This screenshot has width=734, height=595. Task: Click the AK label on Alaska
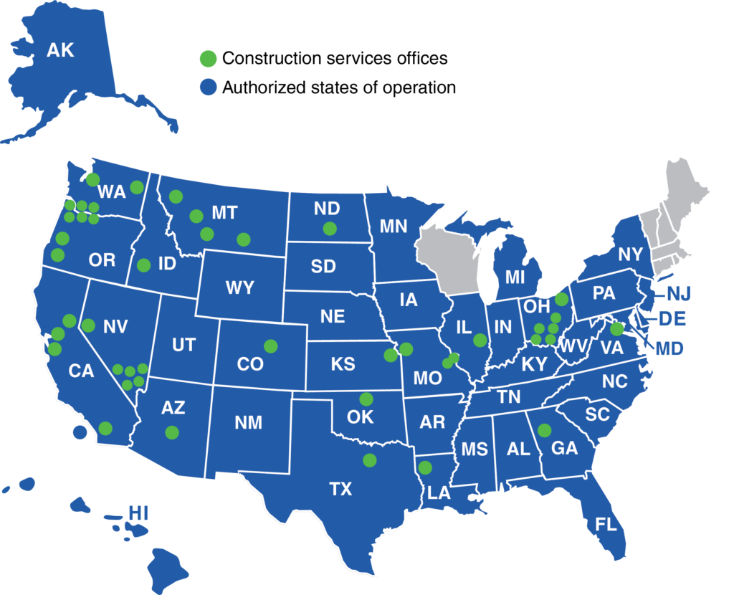click(60, 50)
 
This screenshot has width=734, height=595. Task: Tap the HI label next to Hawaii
click(138, 513)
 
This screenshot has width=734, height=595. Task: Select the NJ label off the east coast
click(677, 292)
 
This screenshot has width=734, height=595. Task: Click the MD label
click(670, 348)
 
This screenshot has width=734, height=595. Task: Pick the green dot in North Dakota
click(330, 229)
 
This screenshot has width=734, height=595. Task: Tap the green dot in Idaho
click(143, 265)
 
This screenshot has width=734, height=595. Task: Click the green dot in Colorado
click(270, 346)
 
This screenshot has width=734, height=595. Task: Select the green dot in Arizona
click(171, 432)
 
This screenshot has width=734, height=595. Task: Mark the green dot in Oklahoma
click(366, 399)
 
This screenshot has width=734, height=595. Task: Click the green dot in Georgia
click(544, 430)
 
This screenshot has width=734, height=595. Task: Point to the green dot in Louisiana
click(425, 467)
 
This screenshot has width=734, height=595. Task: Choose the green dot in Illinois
click(480, 340)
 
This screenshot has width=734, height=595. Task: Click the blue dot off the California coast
click(80, 432)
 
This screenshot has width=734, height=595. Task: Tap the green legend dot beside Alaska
click(208, 58)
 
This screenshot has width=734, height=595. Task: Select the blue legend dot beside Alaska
click(208, 87)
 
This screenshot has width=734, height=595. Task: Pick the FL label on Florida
click(606, 524)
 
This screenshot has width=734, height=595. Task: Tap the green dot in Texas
click(369, 460)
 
